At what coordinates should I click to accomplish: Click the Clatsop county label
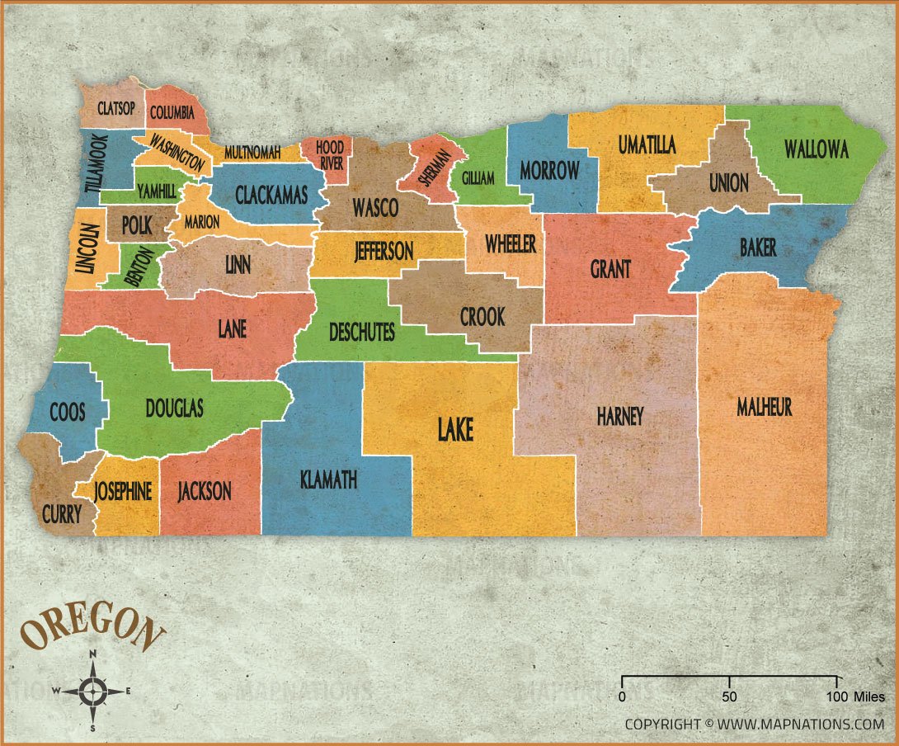click(116, 109)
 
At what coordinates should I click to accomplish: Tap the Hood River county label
click(330, 155)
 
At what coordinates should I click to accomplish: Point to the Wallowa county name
click(816, 149)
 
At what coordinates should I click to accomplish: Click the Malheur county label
click(765, 406)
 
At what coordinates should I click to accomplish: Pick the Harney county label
click(619, 416)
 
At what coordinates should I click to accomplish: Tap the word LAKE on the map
click(454, 429)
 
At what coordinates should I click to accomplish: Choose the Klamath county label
click(329, 479)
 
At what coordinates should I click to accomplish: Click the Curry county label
click(62, 514)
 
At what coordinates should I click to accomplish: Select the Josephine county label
click(123, 492)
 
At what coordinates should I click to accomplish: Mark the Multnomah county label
click(252, 153)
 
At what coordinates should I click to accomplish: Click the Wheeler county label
click(510, 243)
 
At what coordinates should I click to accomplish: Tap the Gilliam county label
click(478, 178)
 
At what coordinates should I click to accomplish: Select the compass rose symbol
click(94, 690)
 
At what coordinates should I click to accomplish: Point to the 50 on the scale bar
click(729, 696)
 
